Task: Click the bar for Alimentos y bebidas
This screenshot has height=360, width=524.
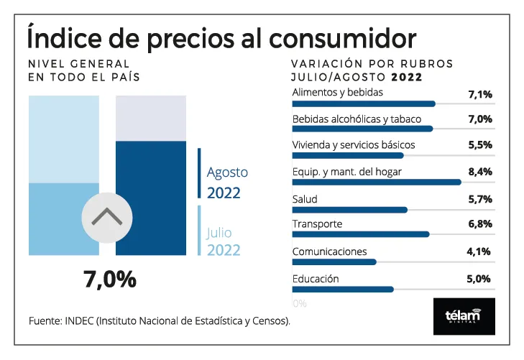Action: [x=364, y=103]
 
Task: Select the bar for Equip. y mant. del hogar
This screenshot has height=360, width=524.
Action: [x=376, y=183]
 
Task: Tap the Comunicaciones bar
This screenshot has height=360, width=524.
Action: [x=334, y=262]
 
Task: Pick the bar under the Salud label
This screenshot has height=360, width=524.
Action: [x=349, y=210]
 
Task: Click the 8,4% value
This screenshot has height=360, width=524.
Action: [x=479, y=172]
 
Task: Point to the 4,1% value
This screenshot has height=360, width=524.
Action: [x=479, y=251]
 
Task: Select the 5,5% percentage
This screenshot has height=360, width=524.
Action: [x=479, y=145]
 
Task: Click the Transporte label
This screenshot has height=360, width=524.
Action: [x=317, y=224]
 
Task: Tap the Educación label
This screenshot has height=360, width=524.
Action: [x=316, y=279]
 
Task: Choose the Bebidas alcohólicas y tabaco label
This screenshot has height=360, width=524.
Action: [x=357, y=119]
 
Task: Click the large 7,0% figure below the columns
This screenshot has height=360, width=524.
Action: [x=109, y=279]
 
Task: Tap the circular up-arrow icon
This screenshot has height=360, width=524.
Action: [x=106, y=216]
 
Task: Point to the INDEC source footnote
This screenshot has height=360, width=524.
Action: [x=160, y=320]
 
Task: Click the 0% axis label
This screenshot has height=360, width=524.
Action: [x=300, y=303]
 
